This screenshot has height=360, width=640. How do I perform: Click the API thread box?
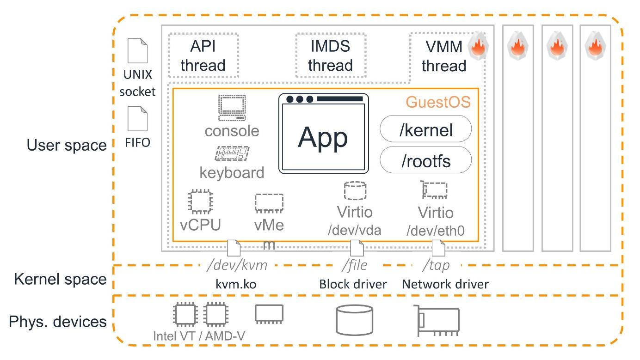click(203, 55)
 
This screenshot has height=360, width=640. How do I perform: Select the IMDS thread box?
click(330, 55)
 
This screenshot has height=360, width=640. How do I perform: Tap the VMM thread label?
click(443, 56)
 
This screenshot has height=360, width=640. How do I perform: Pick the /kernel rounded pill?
click(425, 130)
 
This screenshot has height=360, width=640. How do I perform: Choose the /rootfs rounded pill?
click(425, 161)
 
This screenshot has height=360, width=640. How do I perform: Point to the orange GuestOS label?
click(438, 102)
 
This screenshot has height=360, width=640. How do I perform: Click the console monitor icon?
click(232, 108)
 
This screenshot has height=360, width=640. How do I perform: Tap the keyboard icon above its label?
click(232, 154)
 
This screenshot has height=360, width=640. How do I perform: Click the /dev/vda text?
click(355, 230)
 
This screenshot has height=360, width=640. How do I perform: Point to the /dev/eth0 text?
click(435, 231)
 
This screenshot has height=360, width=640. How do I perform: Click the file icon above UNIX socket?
click(137, 51)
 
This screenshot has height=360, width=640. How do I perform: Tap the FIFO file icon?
click(137, 119)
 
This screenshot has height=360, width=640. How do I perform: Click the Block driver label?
click(353, 284)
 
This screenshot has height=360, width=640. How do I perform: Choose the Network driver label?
click(445, 284)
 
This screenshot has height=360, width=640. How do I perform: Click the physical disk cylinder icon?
click(354, 320)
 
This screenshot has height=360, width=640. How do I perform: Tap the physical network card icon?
click(437, 320)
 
